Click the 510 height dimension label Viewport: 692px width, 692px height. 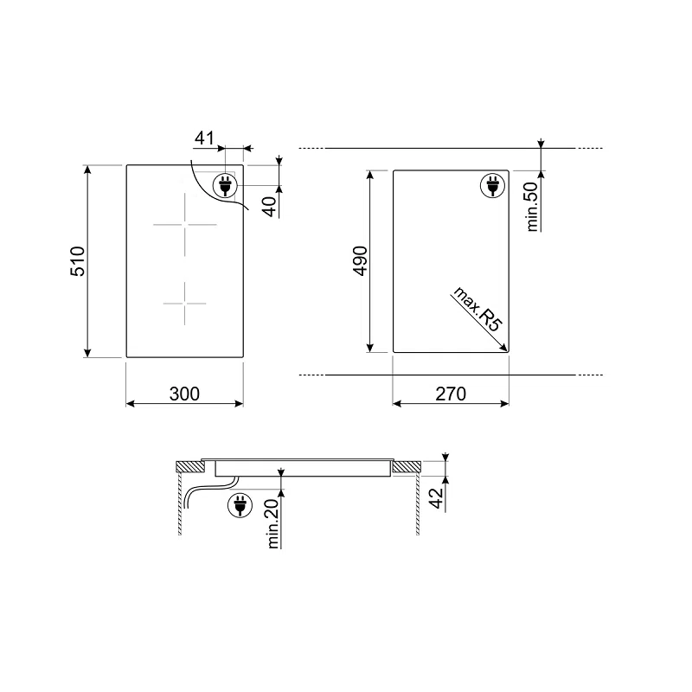coord(78,261)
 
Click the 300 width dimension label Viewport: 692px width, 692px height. coord(184,394)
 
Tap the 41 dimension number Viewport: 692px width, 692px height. coord(204,138)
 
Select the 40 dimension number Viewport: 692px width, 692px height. coord(270,207)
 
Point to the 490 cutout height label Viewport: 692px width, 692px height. coord(360,261)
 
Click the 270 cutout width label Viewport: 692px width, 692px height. coord(451,394)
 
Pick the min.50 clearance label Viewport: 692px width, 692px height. coord(533,207)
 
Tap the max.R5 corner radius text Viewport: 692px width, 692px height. coord(478,309)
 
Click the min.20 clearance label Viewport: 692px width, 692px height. coord(273,523)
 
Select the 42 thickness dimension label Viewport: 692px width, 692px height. coord(436,498)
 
